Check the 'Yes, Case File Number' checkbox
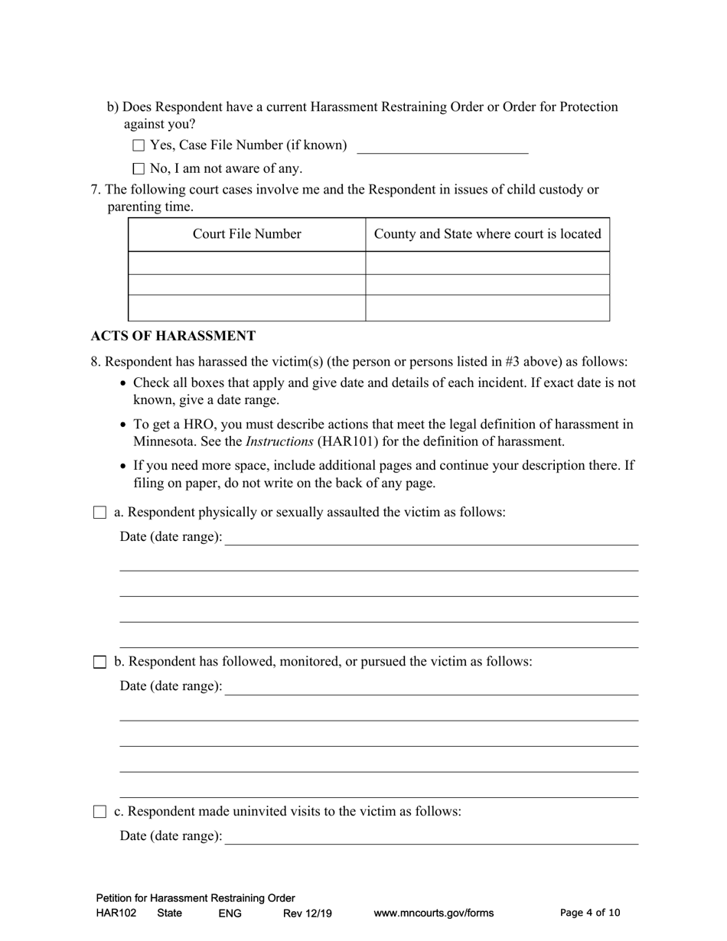coord(139,145)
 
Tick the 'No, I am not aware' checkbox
coord(139,168)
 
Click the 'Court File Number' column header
coord(246,234)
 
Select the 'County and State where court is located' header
coord(487,234)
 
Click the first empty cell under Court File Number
coord(246,262)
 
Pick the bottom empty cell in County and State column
coord(487,308)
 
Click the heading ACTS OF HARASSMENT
coord(173,336)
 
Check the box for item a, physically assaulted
coord(99,513)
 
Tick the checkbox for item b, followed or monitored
coord(99,662)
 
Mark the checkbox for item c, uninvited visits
coord(99,812)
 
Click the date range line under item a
coord(432,538)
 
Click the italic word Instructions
coord(279,441)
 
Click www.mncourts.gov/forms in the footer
coord(433,913)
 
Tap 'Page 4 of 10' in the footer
coord(590,913)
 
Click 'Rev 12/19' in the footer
coord(308,913)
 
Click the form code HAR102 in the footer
coord(116,913)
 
